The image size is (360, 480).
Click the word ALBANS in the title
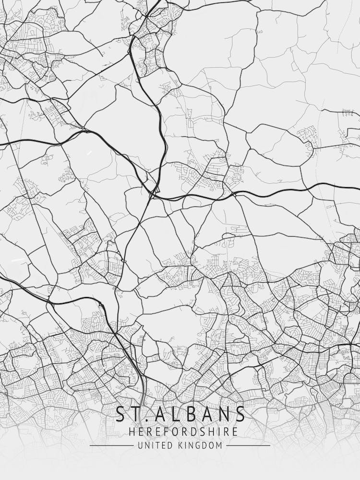[x=202, y=414]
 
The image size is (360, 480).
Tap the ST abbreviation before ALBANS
[x=127, y=414]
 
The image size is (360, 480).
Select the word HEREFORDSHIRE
[x=183, y=432]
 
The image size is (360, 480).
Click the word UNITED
[x=153, y=445]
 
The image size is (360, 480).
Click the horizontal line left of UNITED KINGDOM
[x=111, y=445]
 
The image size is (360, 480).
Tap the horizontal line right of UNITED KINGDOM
[x=248, y=445]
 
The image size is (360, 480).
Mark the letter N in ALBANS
[x=225, y=414]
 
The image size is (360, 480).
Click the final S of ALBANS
[x=240, y=414]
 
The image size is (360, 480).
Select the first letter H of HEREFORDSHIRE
[x=132, y=432]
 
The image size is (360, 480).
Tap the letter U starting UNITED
[x=140, y=445]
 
